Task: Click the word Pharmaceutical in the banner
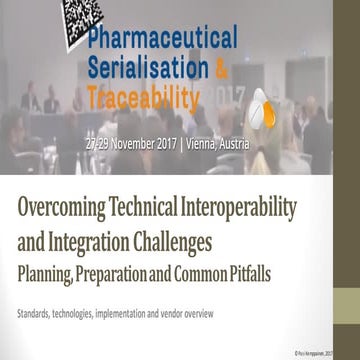pos(163,38)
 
